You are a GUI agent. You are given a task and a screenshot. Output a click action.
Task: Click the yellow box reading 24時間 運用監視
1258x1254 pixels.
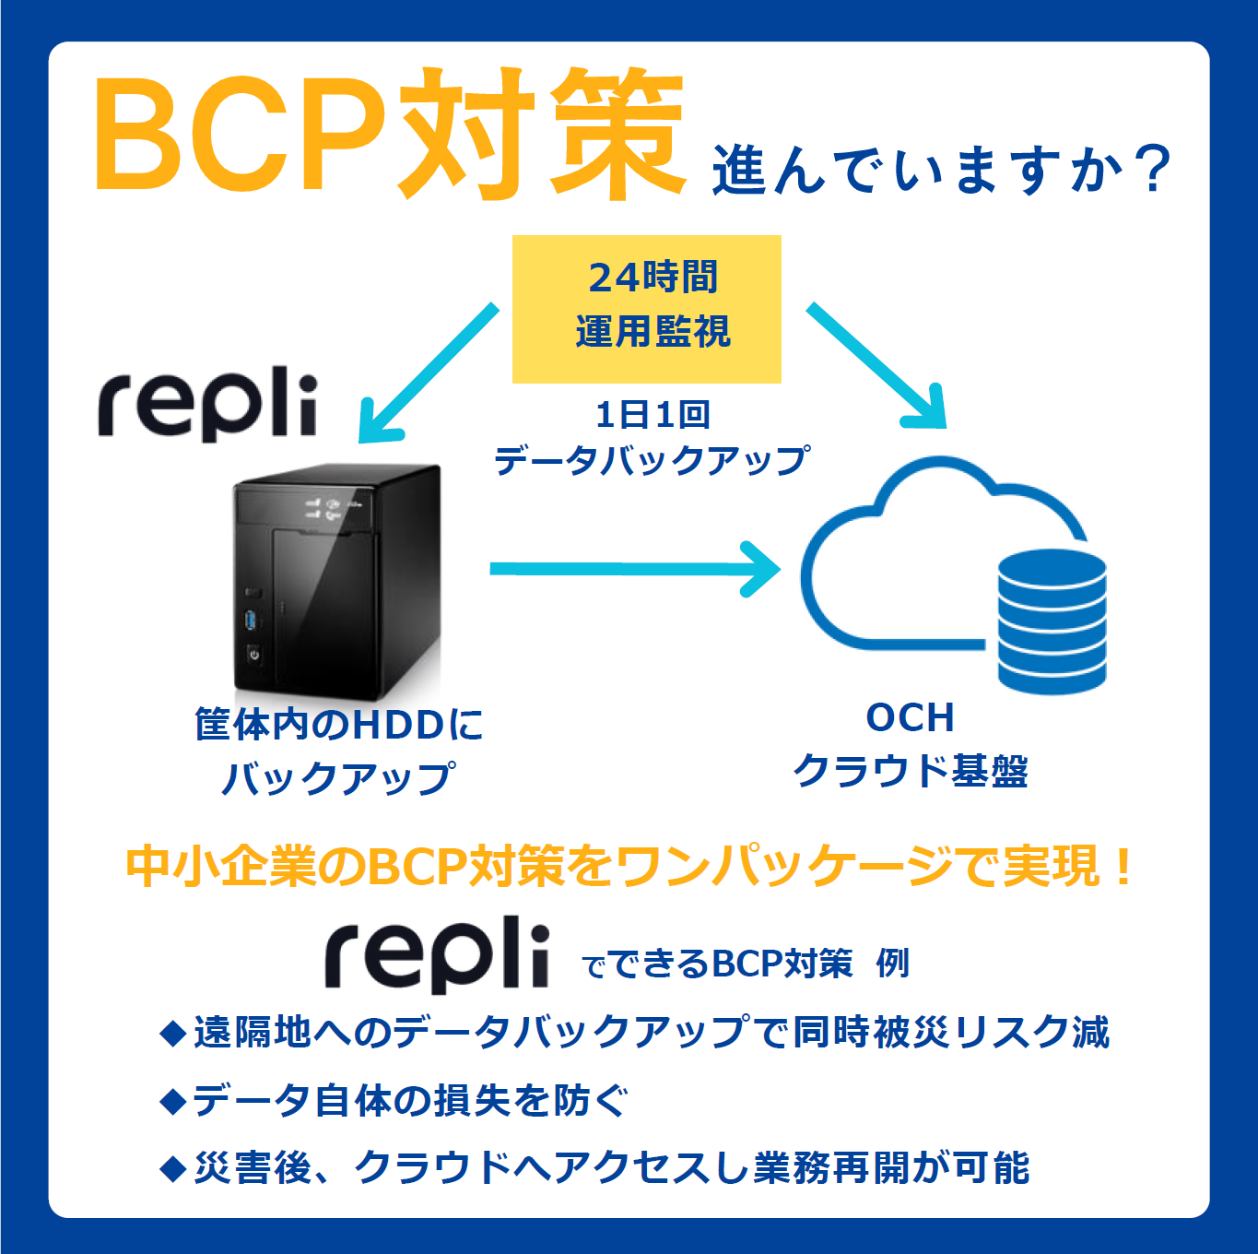point(646,308)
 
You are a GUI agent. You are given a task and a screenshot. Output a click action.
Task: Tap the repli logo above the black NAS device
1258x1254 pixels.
point(208,406)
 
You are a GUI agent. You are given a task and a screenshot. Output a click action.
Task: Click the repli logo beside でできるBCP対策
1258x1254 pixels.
point(437,955)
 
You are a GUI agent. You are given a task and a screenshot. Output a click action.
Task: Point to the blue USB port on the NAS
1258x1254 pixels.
point(251,620)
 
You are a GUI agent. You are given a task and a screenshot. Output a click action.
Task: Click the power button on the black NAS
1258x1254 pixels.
point(253,655)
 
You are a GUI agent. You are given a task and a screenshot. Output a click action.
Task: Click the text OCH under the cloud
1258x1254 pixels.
point(910,718)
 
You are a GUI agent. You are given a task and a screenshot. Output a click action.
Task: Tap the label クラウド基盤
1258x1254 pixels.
point(910,771)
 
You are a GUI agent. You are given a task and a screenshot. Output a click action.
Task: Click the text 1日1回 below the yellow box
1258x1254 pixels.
point(653,415)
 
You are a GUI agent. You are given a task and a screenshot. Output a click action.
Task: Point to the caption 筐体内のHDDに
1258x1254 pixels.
point(339,725)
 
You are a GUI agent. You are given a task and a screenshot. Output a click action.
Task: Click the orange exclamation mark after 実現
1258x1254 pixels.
point(1122,866)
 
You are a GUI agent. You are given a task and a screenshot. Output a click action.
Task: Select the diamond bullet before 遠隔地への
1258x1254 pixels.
point(172,1033)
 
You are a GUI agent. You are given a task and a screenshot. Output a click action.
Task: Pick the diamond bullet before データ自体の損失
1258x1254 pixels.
point(172,1101)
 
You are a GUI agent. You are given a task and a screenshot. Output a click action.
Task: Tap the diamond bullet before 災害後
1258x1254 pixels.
point(172,1169)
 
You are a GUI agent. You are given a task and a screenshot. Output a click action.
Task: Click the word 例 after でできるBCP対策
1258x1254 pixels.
point(892,964)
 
